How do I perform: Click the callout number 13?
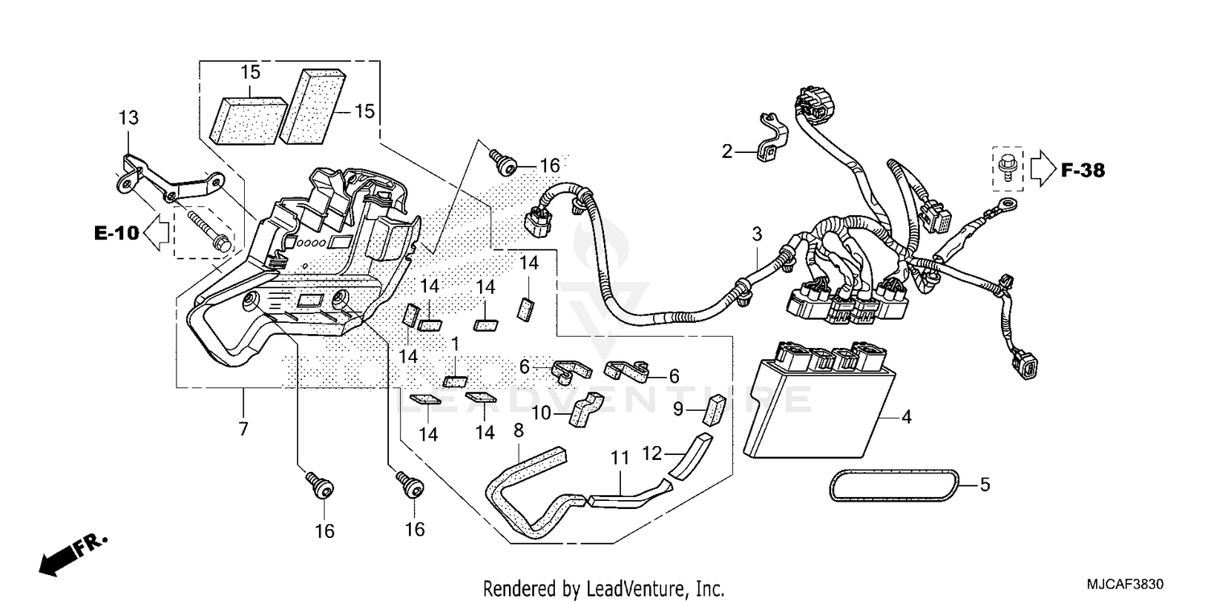[x=129, y=118]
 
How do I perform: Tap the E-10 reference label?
[x=117, y=234]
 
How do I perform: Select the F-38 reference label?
[x=1082, y=170]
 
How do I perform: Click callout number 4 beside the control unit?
[x=906, y=417]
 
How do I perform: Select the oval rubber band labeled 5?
[x=893, y=486]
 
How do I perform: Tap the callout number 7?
[x=243, y=429]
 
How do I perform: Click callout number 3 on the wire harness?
[x=756, y=235]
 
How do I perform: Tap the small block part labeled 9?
[x=714, y=408]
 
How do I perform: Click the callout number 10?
[x=540, y=413]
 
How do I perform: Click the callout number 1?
[x=455, y=344]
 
